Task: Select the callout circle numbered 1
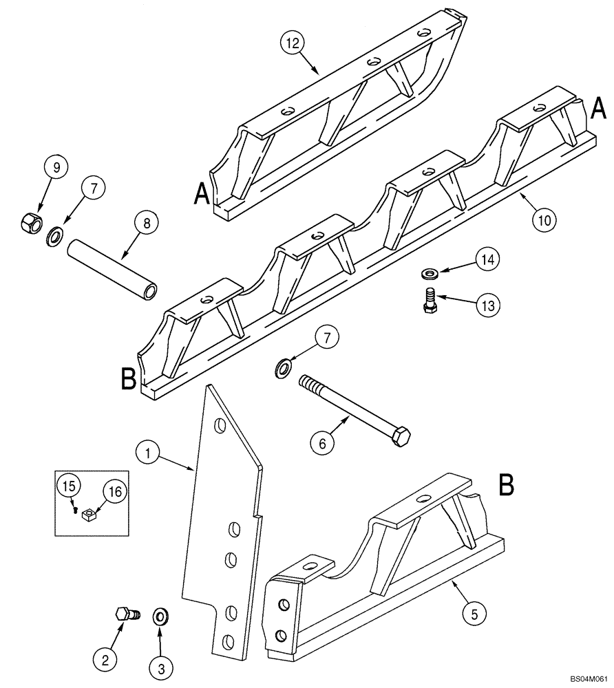147,453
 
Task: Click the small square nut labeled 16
87,513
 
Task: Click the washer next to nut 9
53,238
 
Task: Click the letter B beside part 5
506,485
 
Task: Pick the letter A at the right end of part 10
598,107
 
